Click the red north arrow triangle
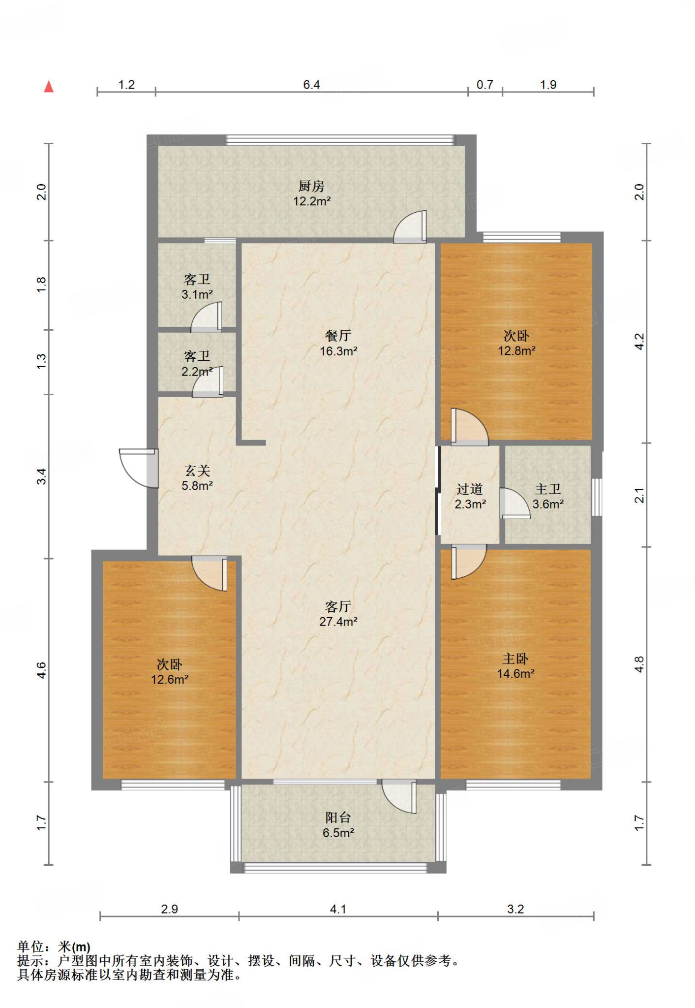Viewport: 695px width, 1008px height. pos(49,87)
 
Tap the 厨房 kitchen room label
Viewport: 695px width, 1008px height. pos(312,187)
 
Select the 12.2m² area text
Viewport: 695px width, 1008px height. pos(312,201)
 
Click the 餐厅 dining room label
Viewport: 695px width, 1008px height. pos(338,336)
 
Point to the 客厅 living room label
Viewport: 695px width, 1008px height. pos(338,606)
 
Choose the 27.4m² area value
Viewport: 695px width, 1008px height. pos(338,622)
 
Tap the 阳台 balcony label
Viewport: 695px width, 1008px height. pos(338,818)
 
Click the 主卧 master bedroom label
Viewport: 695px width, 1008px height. pos(515,659)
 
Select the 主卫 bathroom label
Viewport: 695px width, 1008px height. pos(548,489)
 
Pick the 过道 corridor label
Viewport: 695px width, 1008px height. pos(470,489)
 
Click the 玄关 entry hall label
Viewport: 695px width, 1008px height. pos(197,471)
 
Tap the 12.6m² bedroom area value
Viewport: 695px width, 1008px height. pos(170,680)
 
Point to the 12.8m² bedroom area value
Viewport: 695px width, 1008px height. pos(516,351)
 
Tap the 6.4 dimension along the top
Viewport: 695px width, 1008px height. pos(311,85)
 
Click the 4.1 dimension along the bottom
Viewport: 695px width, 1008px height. pos(338,909)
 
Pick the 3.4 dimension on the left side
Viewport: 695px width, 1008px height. pos(41,476)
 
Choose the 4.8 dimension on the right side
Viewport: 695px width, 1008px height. pos(639,664)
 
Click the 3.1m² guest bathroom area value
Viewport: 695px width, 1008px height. pos(197,295)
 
